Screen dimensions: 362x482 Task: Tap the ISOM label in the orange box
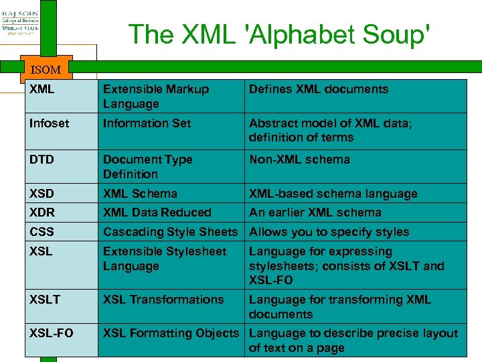click(46, 69)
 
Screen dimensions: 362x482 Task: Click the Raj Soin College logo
click(20, 24)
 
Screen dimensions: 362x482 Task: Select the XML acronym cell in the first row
click(42, 89)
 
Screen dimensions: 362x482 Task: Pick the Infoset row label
click(49, 123)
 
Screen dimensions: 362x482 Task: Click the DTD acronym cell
click(42, 160)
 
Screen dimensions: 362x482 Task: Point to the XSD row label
click(42, 194)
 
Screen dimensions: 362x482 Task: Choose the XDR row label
click(42, 213)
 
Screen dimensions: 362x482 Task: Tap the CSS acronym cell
click(42, 232)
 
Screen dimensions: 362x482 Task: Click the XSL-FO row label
click(52, 333)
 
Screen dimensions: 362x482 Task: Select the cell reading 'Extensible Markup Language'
click(156, 97)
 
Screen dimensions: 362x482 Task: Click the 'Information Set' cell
click(147, 123)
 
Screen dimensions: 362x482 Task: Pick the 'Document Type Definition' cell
click(147, 167)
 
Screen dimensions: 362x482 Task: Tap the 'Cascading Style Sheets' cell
click(170, 232)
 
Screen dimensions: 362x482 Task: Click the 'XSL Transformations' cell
click(163, 300)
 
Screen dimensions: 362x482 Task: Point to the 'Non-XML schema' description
click(299, 160)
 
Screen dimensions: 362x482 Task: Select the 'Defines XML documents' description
click(319, 89)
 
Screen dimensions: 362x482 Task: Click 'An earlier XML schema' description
click(315, 213)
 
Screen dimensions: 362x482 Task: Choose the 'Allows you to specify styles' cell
click(329, 232)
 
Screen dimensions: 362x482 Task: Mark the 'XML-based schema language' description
click(333, 194)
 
